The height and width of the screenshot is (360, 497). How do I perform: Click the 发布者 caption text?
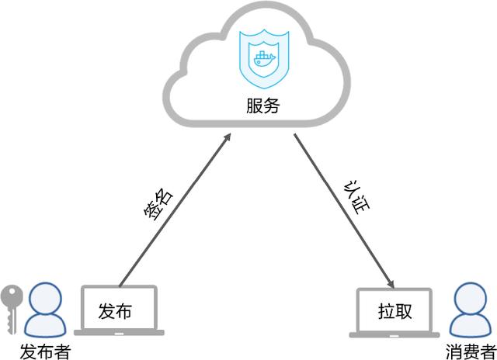coord(45,351)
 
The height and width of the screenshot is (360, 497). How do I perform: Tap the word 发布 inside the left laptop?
coord(115,311)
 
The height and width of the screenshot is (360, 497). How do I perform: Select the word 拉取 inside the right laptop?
coord(395,312)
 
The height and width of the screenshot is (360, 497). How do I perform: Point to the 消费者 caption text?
coord(471,351)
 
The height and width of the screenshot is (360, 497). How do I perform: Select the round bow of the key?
coord(12,296)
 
